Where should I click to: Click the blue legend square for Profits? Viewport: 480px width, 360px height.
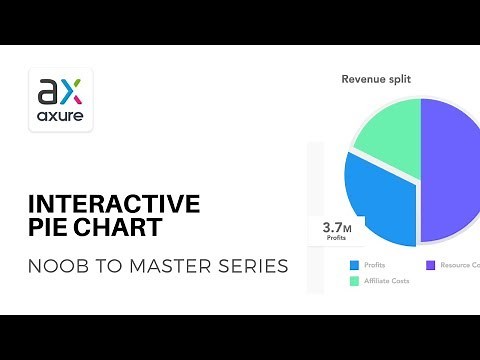point(354,265)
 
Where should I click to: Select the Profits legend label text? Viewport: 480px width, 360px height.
point(376,265)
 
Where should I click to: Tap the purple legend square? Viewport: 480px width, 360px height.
point(431,265)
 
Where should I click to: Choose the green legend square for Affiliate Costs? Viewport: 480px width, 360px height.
point(354,282)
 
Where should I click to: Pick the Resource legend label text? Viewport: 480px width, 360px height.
point(460,265)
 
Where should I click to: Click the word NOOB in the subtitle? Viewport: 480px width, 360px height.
point(51,267)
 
